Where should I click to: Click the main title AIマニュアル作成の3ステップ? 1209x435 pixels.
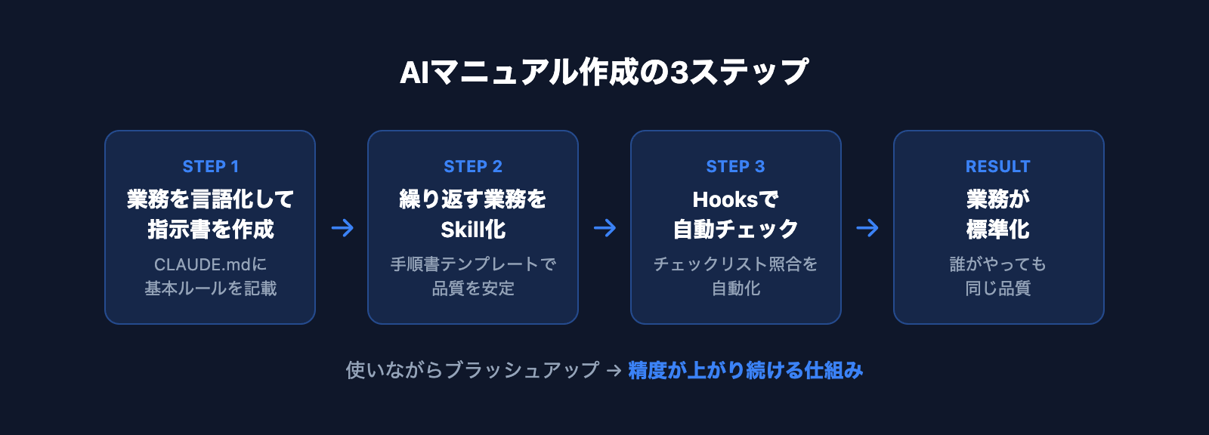coord(604,72)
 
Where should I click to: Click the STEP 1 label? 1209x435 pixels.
coord(210,166)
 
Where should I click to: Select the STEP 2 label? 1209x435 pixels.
coord(473,166)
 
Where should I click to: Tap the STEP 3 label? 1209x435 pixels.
coord(735,166)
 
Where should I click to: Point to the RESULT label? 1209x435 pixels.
coord(997,166)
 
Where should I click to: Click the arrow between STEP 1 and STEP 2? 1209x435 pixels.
coord(342,227)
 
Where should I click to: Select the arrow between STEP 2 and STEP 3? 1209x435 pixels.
coord(604,227)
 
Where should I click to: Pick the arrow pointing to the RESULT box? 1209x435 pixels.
coord(867,227)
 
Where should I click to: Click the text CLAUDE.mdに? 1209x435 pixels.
coord(210,264)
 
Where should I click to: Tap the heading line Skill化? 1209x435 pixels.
coord(473,229)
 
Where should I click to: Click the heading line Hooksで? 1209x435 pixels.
coord(735,199)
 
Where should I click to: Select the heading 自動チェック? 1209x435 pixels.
coord(735,229)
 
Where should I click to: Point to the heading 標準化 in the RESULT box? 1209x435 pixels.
coord(997,229)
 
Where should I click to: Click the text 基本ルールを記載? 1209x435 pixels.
coord(210,288)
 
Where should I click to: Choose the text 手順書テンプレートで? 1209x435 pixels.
coord(473,264)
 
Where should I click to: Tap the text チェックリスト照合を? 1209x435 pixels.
coord(735,264)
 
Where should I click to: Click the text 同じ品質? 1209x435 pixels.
coord(997,288)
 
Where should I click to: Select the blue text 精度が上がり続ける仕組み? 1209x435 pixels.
coord(745,370)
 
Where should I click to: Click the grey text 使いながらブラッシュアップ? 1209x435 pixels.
coord(472,370)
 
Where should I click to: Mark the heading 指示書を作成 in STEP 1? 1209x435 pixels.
coord(210,229)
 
